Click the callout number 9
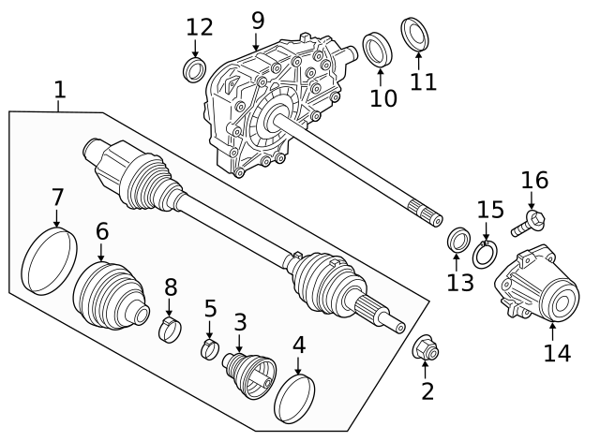257,18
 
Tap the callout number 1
59,90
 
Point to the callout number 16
534,180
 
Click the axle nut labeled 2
427,349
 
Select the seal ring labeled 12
195,70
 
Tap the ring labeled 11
414,33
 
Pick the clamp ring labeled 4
294,397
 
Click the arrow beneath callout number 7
57,219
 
